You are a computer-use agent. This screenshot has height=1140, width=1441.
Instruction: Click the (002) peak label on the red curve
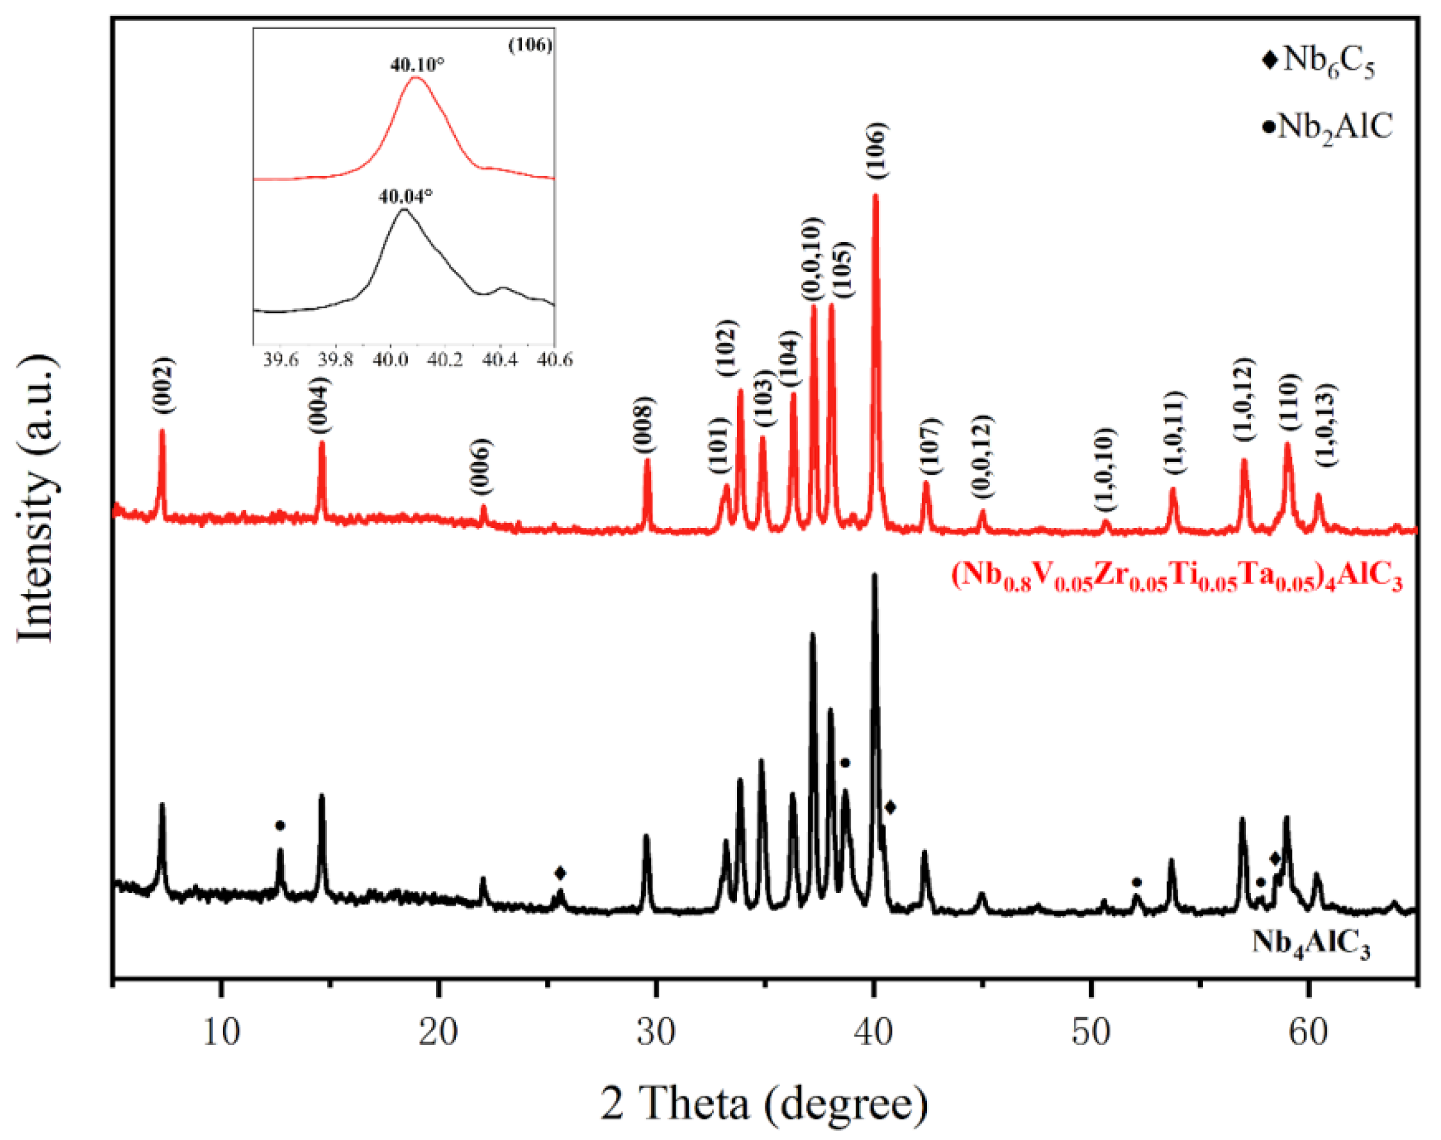point(163,385)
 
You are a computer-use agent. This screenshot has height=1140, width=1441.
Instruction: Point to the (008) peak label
point(644,426)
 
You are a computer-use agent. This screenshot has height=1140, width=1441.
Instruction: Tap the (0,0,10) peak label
point(813,260)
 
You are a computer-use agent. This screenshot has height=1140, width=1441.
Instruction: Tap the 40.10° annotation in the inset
point(417,65)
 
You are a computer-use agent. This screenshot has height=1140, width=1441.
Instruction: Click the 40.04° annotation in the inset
point(405,196)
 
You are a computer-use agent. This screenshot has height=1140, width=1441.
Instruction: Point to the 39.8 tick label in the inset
point(335,360)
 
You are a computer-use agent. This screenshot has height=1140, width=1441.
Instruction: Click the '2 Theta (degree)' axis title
point(763,1102)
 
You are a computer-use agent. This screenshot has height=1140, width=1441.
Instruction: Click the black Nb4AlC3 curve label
point(1310,944)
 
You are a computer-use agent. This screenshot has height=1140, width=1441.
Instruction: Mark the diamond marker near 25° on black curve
point(560,873)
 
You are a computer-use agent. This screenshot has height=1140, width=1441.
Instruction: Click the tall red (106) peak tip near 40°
point(875,196)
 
